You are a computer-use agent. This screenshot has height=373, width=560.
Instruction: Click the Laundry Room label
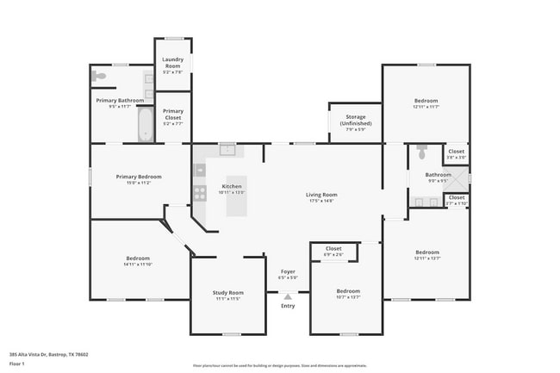[172, 63]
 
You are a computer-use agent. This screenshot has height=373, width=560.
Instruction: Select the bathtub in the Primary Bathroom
[144, 125]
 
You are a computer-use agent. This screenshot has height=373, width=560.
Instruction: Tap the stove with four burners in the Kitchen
[199, 192]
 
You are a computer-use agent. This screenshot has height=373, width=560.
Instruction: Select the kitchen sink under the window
[227, 150]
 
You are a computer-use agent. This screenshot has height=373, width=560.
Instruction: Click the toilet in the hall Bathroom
[421, 153]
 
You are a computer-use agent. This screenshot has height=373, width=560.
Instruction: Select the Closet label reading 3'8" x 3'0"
[456, 154]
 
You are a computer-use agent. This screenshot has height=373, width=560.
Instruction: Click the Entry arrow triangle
[288, 296]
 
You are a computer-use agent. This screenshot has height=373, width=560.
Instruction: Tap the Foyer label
[287, 271]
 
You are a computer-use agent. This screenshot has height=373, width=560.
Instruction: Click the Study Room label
[227, 293]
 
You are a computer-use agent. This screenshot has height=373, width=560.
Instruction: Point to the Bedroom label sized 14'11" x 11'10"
[138, 258]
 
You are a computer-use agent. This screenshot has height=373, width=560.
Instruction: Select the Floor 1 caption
[17, 364]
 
